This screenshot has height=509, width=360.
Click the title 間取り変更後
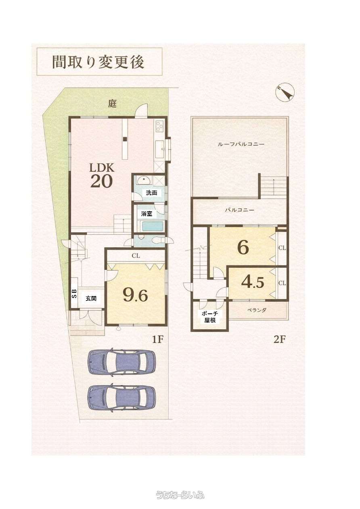click(x=98, y=62)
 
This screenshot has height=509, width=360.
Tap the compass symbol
click(x=285, y=93)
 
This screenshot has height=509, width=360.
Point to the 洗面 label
click(x=152, y=193)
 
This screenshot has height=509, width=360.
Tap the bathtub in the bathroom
click(x=153, y=226)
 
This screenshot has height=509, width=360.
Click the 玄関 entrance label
click(x=91, y=298)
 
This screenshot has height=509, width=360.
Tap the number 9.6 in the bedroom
click(x=136, y=296)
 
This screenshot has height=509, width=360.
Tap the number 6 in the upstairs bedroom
click(x=243, y=247)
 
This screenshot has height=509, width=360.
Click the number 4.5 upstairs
click(x=253, y=282)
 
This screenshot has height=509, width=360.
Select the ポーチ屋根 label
click(x=210, y=317)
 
